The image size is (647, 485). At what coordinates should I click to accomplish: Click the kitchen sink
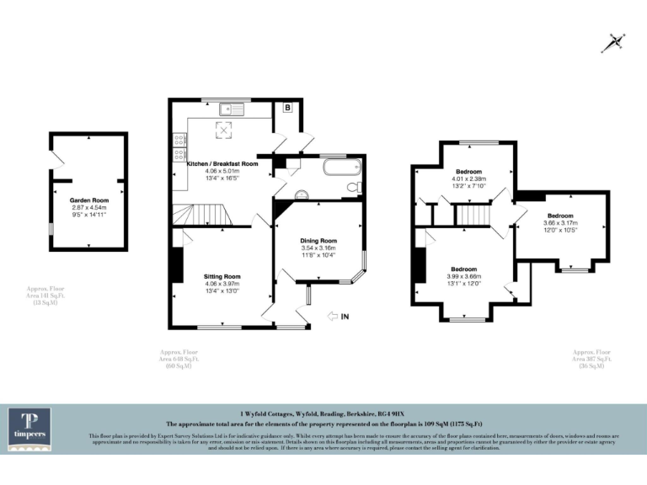coord(230,109)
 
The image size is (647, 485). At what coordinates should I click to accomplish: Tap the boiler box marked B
coord(286,108)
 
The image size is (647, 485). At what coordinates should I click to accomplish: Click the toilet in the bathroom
coord(357,185)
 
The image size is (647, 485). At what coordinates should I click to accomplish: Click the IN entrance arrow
coord(337,316)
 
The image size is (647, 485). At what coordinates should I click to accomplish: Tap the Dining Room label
coord(318,242)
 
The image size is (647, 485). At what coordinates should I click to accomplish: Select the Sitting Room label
coord(222,276)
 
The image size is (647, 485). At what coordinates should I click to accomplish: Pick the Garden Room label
coord(88,200)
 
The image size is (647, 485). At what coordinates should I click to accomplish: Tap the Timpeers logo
coord(29,430)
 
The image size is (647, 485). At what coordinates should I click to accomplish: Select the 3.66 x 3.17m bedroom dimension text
coord(559,223)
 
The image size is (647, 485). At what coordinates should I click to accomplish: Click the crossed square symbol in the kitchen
coord(226,129)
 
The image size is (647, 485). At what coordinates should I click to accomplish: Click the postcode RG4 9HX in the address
coord(392,413)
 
